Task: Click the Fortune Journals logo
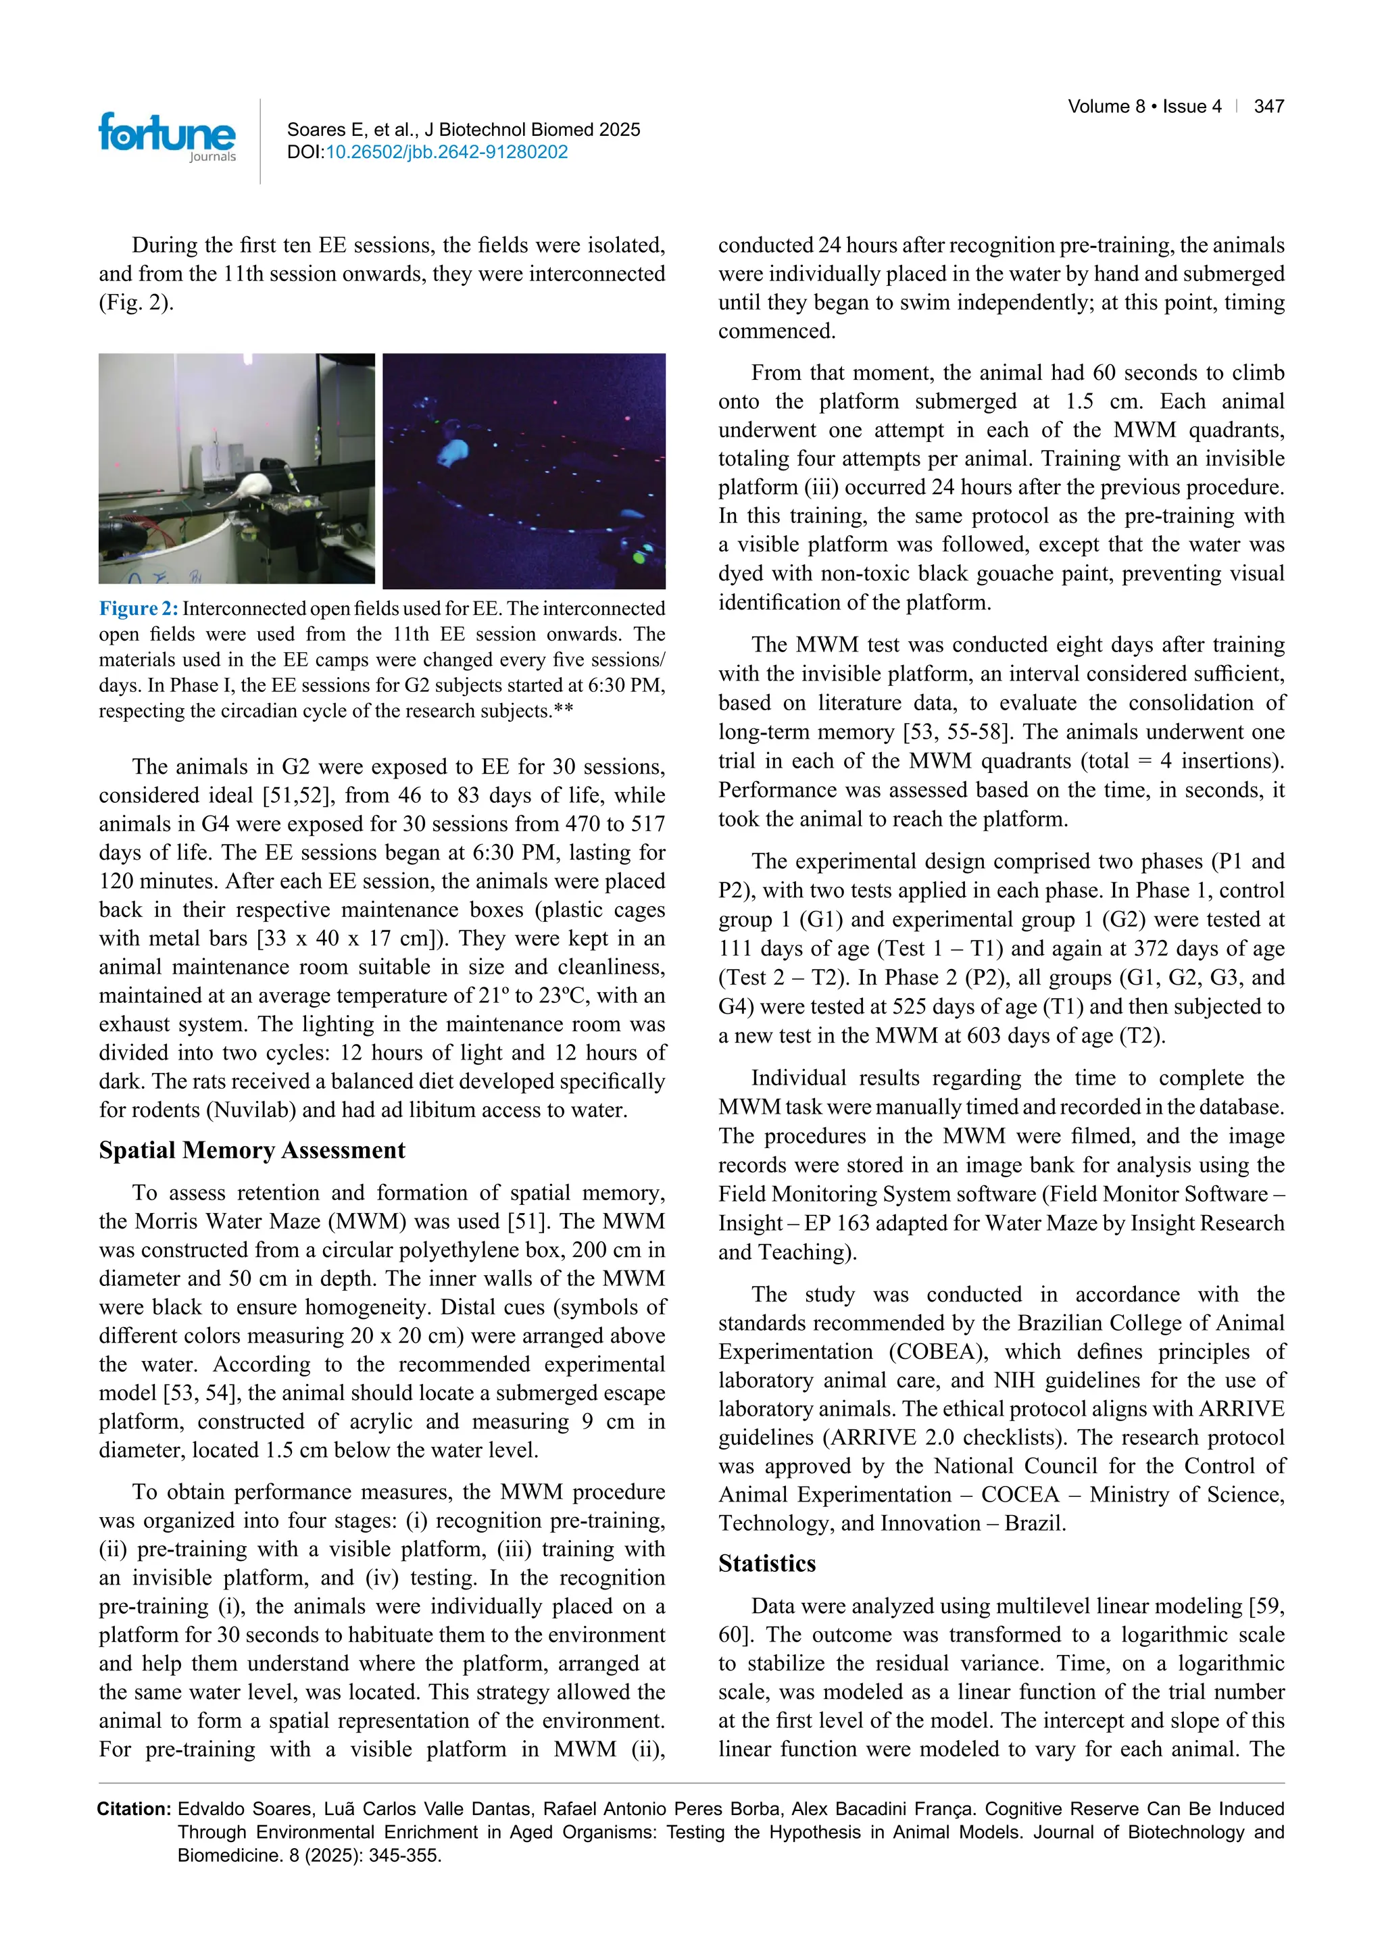(x=167, y=137)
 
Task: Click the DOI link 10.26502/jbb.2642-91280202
(x=447, y=153)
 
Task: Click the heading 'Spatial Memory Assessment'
(x=251, y=1151)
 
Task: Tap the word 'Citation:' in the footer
(x=134, y=1809)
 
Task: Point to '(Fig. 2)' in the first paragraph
(x=137, y=303)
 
